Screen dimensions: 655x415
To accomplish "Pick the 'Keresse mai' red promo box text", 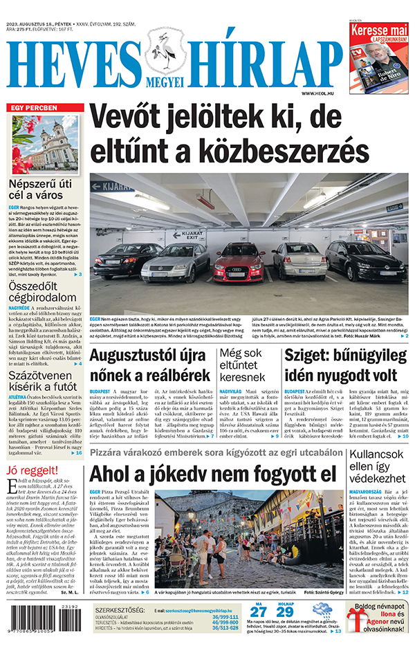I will pos(378,33).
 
